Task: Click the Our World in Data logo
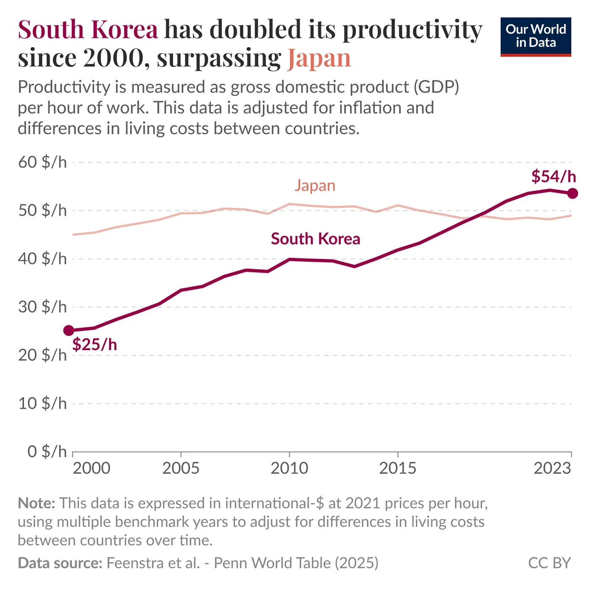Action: (536, 37)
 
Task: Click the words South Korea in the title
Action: (88, 30)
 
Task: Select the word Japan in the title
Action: (319, 58)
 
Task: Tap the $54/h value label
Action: (553, 176)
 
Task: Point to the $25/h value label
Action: (95, 345)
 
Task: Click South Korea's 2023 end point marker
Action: (572, 194)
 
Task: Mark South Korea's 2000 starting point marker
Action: (69, 331)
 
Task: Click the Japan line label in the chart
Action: (315, 186)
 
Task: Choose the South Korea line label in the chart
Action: (316, 239)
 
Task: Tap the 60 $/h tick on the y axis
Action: (42, 162)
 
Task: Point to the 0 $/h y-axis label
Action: (47, 451)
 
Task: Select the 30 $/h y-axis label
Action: (42, 307)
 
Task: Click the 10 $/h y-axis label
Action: (42, 403)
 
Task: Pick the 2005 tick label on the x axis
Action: (181, 468)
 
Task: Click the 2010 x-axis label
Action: (289, 468)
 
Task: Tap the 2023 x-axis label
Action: (552, 468)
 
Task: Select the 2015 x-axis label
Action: (398, 468)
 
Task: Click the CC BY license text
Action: (549, 563)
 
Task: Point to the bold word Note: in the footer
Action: (36, 503)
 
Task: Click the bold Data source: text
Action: (60, 563)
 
